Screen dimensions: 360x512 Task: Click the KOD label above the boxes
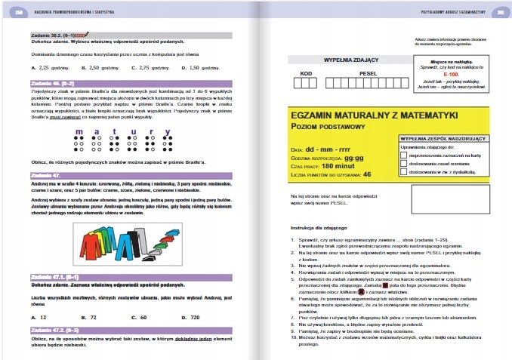(306, 73)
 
